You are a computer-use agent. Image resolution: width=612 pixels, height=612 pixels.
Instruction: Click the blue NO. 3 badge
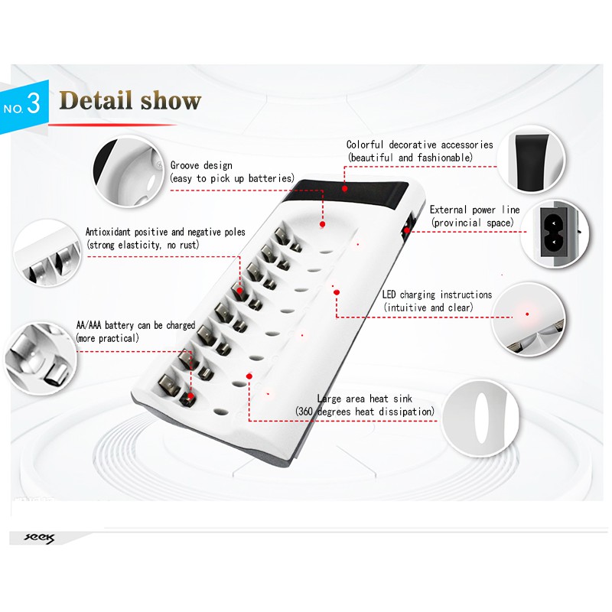pyautogui.click(x=24, y=106)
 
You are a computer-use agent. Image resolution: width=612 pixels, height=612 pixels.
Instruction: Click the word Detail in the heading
pyautogui.click(x=95, y=100)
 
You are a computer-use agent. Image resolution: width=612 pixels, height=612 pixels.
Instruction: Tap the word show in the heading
pyautogui.click(x=171, y=100)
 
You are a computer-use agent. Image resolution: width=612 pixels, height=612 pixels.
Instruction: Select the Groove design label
pyautogui.click(x=201, y=165)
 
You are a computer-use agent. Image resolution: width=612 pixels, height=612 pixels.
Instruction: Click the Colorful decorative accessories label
pyautogui.click(x=419, y=145)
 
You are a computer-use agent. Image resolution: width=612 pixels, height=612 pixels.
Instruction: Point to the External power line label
pyautogui.click(x=474, y=210)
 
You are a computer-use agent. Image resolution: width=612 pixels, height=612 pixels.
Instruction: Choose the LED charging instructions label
pyautogui.click(x=437, y=295)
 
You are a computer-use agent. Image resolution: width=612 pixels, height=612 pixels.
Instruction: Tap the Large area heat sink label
pyautogui.click(x=365, y=399)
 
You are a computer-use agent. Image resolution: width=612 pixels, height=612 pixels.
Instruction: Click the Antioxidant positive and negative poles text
pyautogui.click(x=165, y=232)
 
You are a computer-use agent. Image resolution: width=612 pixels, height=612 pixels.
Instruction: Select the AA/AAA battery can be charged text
pyautogui.click(x=135, y=325)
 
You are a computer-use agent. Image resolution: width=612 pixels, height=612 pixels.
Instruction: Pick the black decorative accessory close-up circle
pyautogui.click(x=531, y=159)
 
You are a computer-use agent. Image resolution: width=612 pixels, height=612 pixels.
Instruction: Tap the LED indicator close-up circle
pyautogui.click(x=528, y=318)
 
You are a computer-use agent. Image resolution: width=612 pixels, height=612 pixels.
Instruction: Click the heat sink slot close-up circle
pyautogui.click(x=481, y=418)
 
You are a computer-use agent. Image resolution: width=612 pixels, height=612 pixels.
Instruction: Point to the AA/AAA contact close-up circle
pyautogui.click(x=41, y=358)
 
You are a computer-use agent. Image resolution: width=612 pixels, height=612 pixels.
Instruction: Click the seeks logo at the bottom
pyautogui.click(x=40, y=539)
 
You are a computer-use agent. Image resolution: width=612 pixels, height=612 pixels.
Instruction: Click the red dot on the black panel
pyautogui.click(x=345, y=188)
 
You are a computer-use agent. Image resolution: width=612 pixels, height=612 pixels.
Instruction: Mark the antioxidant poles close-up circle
pyautogui.click(x=47, y=252)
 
